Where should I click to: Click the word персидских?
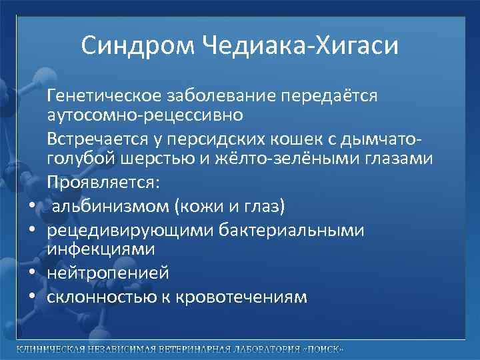214,140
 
